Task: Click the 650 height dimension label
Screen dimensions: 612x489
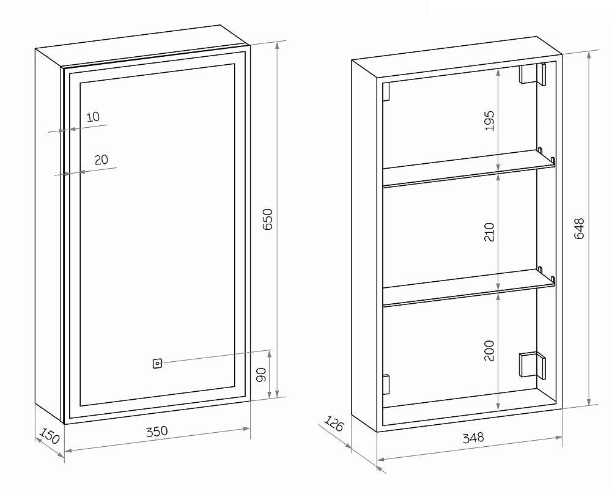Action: (267, 219)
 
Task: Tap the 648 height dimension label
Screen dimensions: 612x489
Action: (579, 229)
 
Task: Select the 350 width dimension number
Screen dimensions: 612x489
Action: (157, 432)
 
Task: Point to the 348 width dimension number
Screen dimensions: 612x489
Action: (473, 438)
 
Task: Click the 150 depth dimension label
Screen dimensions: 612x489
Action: (50, 435)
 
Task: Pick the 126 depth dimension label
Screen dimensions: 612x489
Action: (334, 424)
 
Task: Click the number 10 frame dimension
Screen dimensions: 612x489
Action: (93, 117)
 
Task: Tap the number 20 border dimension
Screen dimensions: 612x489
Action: (101, 160)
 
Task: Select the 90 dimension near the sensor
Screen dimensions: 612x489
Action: (260, 375)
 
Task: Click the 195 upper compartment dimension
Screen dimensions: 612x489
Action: (488, 120)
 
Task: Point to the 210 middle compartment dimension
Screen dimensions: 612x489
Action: (488, 232)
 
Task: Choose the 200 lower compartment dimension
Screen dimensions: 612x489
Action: (488, 350)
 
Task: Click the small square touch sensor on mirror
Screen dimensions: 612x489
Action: (157, 364)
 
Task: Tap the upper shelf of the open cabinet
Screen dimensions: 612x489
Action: (468, 168)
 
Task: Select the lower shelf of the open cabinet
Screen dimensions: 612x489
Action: (468, 287)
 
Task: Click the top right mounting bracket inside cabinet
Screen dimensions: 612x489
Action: (533, 74)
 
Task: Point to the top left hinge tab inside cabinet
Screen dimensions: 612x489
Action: (386, 92)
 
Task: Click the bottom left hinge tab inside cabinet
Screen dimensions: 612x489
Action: (386, 384)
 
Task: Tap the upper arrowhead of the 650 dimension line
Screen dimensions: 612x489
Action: (277, 45)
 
